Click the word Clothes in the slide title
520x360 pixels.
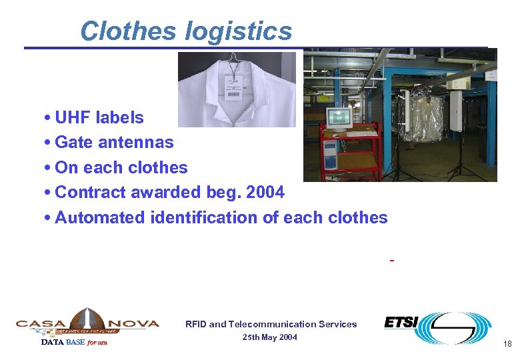pyautogui.click(x=128, y=31)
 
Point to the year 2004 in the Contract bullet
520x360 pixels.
pyautogui.click(x=265, y=193)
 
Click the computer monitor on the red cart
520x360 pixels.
pyautogui.click(x=338, y=118)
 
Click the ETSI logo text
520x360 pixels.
pyautogui.click(x=401, y=323)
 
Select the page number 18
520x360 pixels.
pyautogui.click(x=507, y=344)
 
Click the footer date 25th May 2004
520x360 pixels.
pyautogui.click(x=271, y=337)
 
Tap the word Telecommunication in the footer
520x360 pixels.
pyautogui.click(x=269, y=325)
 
